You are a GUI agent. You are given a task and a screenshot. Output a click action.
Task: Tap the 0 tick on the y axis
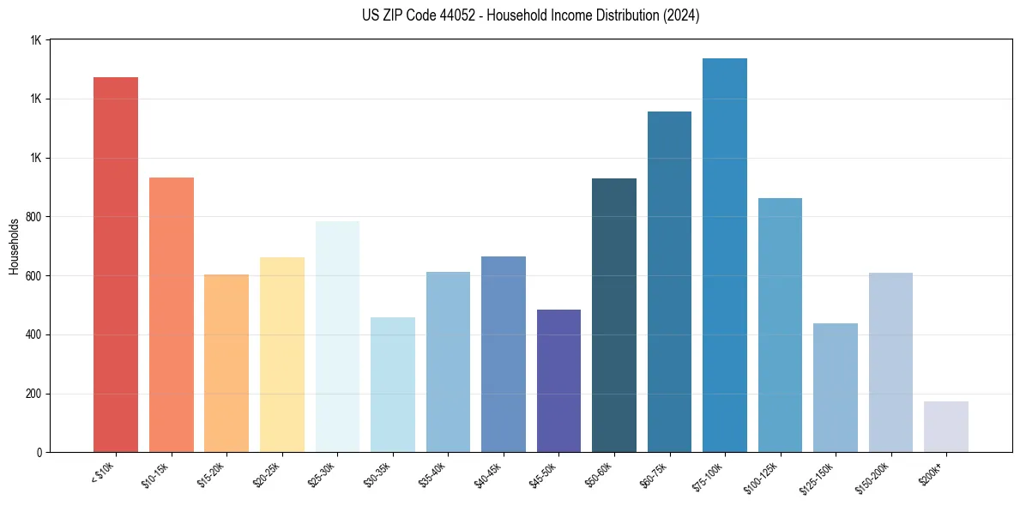click(38, 453)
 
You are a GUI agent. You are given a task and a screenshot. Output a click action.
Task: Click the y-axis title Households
click(14, 246)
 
